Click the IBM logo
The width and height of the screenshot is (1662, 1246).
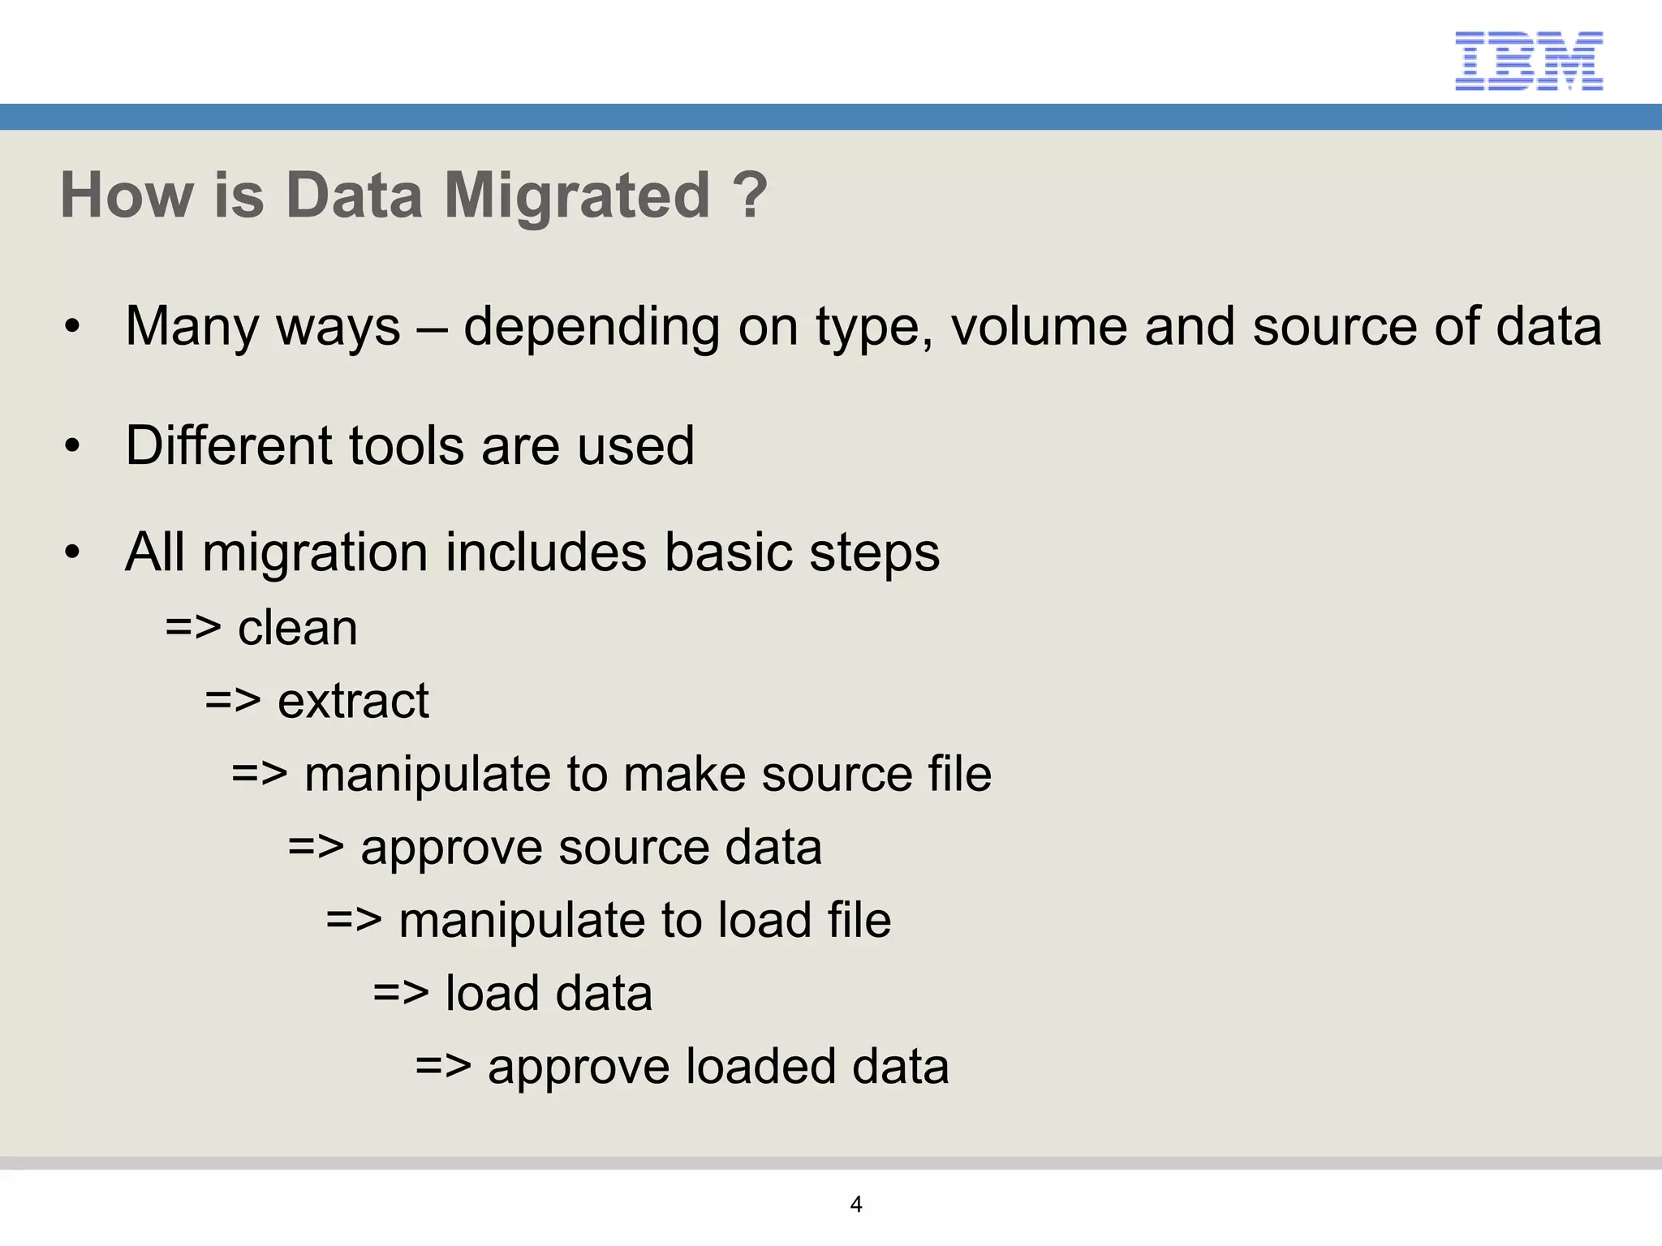pos(1528,61)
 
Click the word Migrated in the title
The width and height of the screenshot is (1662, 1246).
pos(577,195)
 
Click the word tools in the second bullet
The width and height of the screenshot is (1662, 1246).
pos(407,445)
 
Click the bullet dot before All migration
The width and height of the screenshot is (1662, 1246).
pos(73,552)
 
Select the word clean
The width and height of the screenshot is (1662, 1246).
pos(297,628)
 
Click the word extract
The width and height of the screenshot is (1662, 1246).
pos(353,701)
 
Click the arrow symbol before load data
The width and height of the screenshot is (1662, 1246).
pos(400,993)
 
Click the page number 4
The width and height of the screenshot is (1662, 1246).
pos(855,1205)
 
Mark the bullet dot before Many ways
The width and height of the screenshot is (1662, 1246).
pos(73,327)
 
